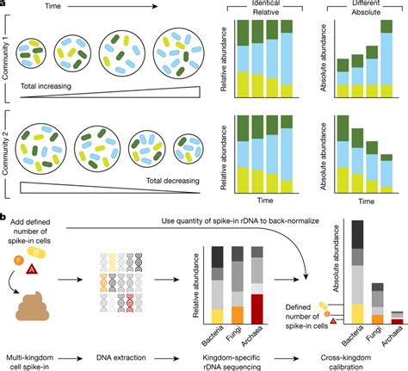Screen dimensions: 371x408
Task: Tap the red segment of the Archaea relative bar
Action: [277, 307]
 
